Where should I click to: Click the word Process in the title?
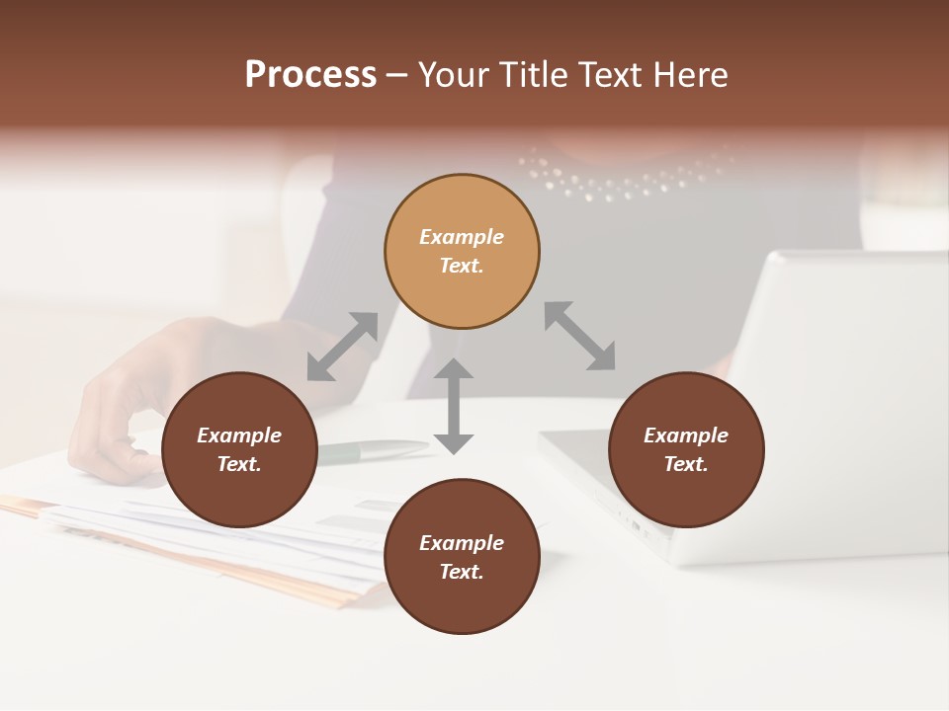(310, 75)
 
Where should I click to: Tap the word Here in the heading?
(689, 75)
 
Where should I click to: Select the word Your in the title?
(452, 75)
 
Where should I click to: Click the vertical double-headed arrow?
(454, 406)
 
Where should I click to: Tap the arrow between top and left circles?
(342, 347)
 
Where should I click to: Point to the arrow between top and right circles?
(580, 336)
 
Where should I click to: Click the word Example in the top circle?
(462, 237)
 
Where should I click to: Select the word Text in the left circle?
(239, 464)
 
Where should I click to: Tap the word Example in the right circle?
(686, 435)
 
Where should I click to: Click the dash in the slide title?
(397, 75)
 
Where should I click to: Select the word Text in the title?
(608, 75)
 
